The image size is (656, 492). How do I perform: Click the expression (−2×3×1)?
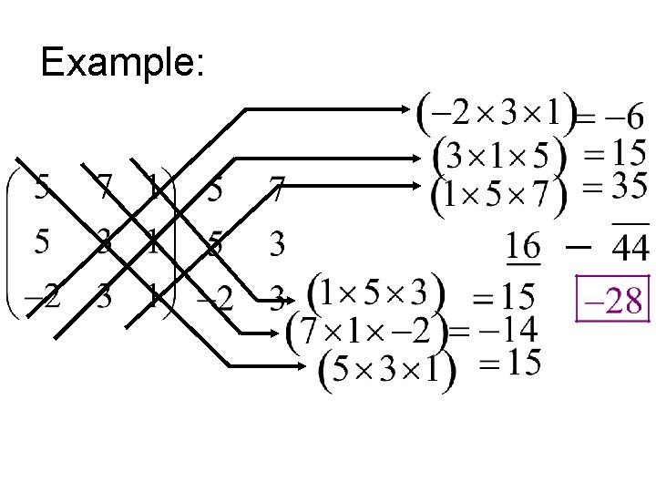(496, 110)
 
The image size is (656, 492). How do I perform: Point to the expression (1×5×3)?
(378, 292)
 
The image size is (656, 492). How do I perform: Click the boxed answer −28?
(613, 297)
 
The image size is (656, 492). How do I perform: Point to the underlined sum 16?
(523, 246)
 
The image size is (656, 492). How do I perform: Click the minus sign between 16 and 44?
(578, 244)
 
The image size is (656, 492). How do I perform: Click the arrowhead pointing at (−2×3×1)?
(409, 109)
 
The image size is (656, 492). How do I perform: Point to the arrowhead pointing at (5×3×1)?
(311, 366)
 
